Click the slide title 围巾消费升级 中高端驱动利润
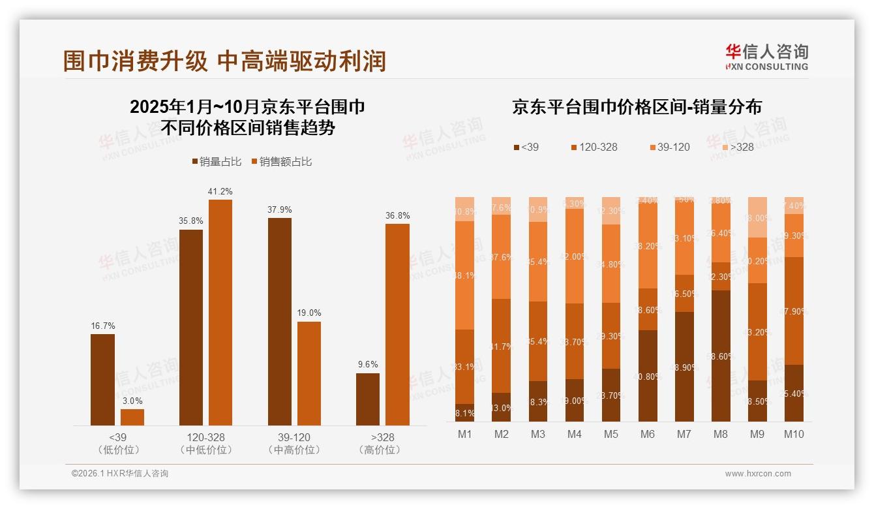(224, 61)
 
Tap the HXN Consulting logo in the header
(766, 57)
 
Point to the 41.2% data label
(220, 191)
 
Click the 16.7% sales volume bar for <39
(102, 379)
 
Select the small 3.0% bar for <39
(132, 417)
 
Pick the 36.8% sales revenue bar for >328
(397, 324)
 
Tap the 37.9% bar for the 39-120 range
(279, 321)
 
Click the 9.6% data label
(368, 364)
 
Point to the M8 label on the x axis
(721, 434)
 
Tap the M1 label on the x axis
(465, 434)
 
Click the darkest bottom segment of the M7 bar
(684, 367)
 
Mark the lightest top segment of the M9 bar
(757, 217)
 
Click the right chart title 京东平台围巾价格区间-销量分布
(637, 107)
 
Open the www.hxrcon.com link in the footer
(758, 474)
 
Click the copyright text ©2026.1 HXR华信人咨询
(120, 474)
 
